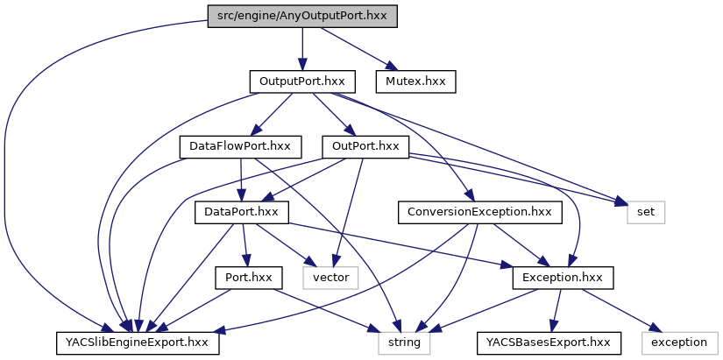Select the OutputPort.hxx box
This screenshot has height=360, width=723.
301,81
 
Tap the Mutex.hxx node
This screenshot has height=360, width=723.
416,81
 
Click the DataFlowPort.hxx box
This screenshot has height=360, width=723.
240,146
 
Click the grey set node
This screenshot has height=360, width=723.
646,212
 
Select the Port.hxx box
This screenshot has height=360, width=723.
245,278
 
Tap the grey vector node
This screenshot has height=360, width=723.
331,278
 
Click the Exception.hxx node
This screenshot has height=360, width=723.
563,278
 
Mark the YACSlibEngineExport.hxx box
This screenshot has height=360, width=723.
138,342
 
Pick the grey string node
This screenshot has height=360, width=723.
404,342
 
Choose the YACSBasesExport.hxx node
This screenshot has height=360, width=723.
549,342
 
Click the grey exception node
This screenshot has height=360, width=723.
680,342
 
